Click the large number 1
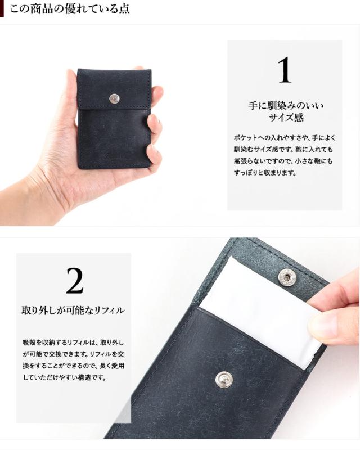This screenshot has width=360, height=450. (x=285, y=70)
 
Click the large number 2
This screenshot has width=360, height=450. (x=74, y=281)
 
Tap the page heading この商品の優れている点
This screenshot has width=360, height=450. (x=70, y=8)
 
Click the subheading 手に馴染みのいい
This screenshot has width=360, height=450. (x=286, y=105)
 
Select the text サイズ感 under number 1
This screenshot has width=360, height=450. (x=286, y=117)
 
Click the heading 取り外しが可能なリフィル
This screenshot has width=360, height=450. (x=73, y=310)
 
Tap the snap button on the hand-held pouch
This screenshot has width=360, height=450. (x=114, y=99)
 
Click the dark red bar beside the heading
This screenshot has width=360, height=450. (x=2, y=8)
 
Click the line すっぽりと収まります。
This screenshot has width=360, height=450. (x=265, y=173)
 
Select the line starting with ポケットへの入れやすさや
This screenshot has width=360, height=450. (x=285, y=138)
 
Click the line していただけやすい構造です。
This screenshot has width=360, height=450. (x=65, y=377)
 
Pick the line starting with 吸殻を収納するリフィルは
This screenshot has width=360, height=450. (x=74, y=343)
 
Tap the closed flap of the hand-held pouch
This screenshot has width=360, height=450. (x=114, y=88)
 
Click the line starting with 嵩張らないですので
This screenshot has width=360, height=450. (x=283, y=161)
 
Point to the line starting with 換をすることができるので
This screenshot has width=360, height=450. (x=74, y=366)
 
